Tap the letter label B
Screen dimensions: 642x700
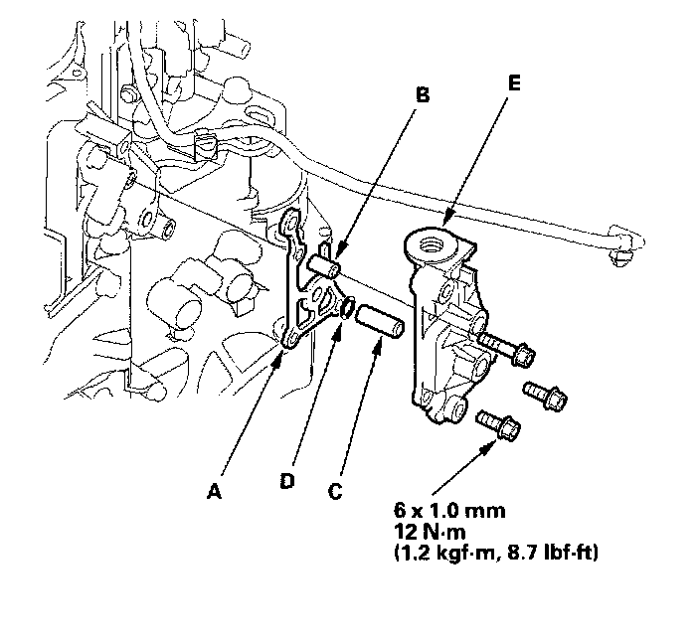pos(422,96)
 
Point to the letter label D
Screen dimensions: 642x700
pos(287,481)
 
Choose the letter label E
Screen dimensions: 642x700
pos(512,83)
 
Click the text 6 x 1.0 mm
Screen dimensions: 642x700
pos(450,512)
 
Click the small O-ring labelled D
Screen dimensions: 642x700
pos(348,308)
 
